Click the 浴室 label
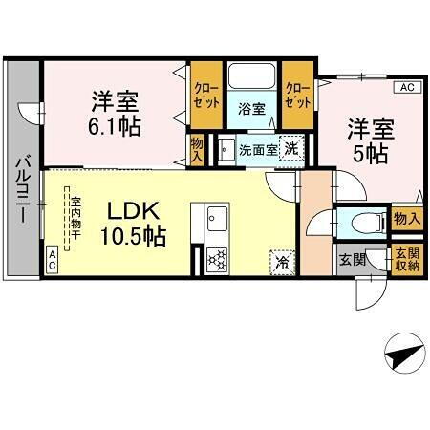[x=251, y=109]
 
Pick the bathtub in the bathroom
[x=251, y=77]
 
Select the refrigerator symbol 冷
[x=283, y=258]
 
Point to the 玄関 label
[x=351, y=259]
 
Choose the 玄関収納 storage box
[x=406, y=260]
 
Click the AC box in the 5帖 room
[x=407, y=88]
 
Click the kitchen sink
[x=213, y=220]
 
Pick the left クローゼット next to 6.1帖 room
[x=204, y=94]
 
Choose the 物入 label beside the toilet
[x=407, y=220]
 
